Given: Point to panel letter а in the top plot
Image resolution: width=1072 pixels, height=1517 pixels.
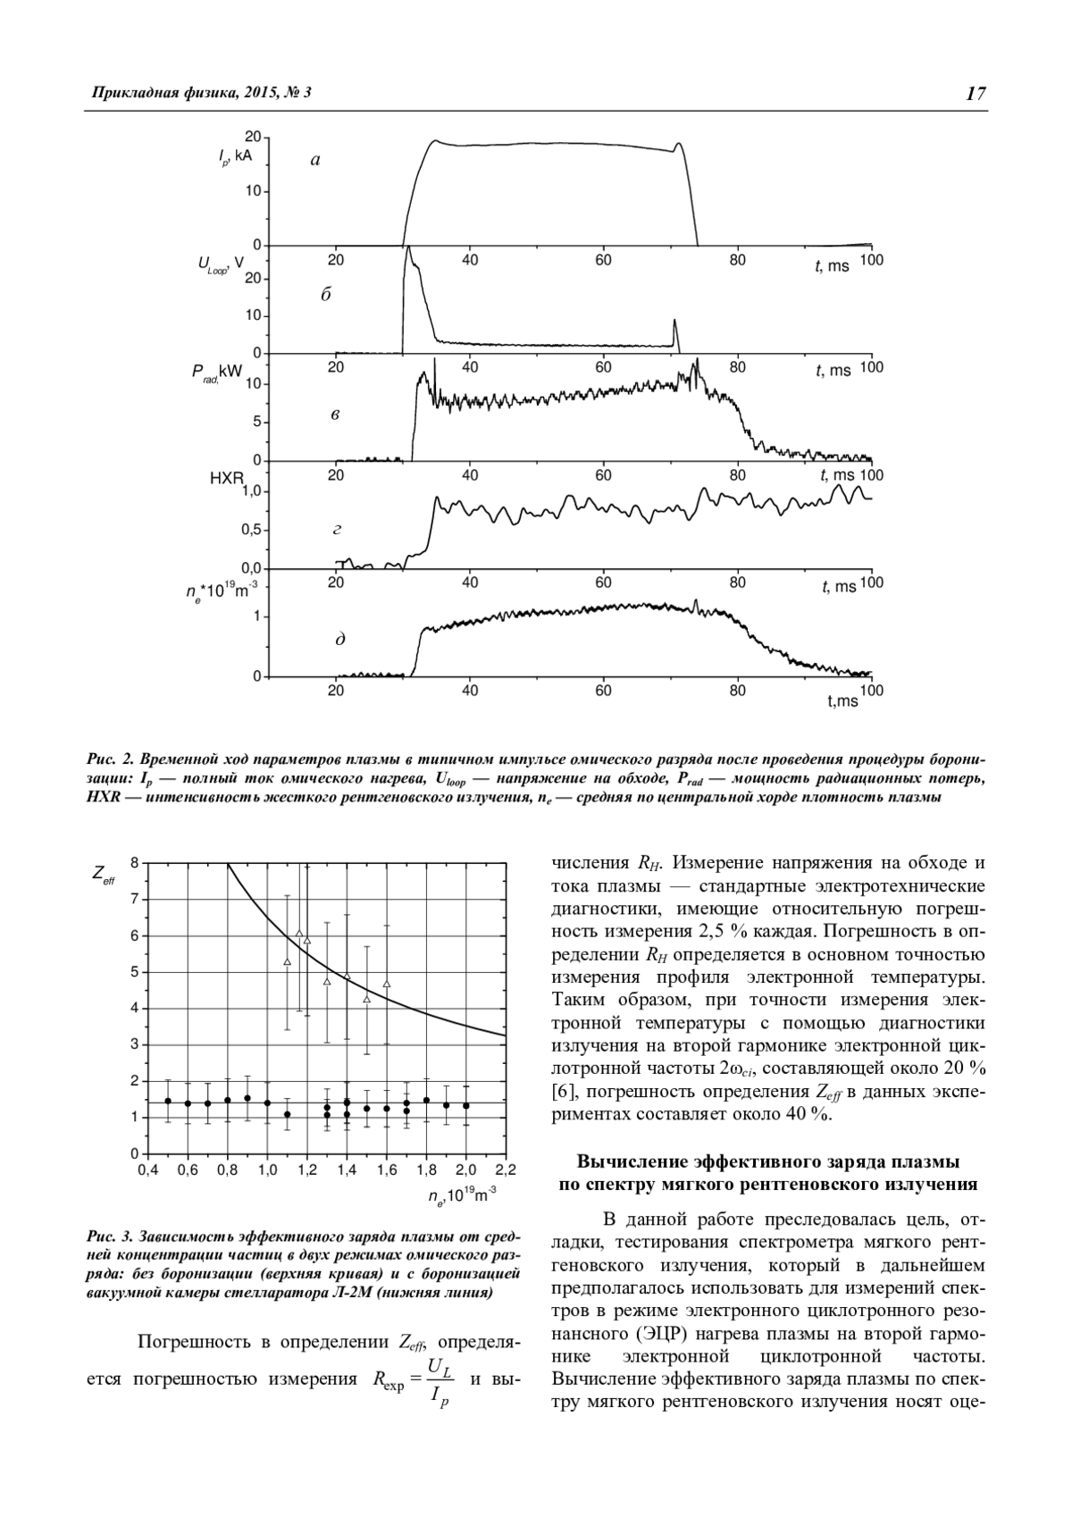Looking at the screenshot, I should [314, 161].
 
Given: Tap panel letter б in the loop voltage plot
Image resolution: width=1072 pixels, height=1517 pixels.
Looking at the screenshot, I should [326, 295].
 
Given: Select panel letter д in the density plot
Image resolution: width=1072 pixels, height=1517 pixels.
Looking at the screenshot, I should [340, 640].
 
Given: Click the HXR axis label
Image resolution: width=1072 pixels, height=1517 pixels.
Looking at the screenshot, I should [226, 479].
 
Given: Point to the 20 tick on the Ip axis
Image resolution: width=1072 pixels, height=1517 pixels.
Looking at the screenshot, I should [252, 137].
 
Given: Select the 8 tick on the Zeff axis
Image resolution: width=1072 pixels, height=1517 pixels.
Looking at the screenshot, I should [134, 863].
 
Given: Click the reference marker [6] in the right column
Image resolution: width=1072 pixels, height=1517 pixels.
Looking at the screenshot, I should [564, 1092].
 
